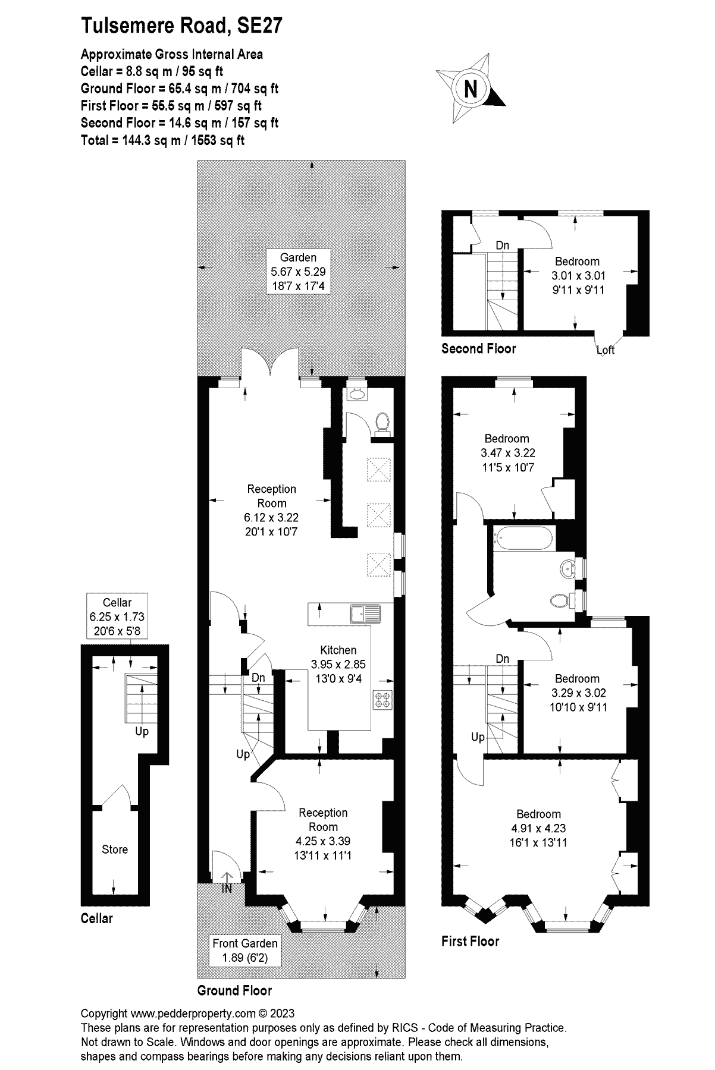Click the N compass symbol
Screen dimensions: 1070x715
pos(471,90)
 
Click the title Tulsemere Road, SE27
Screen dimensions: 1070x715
pos(181,26)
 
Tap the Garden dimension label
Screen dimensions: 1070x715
pos(298,272)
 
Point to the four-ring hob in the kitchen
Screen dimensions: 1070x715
pos(381,700)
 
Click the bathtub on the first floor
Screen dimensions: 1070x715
pos(522,539)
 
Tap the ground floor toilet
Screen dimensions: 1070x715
pos(382,422)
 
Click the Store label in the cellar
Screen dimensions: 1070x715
pos(114,849)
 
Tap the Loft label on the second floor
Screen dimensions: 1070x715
pos(606,350)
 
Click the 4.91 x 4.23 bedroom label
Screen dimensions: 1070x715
pos(538,828)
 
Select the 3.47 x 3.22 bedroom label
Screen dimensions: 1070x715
pos(507,452)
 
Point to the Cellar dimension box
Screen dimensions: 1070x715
pos(117,616)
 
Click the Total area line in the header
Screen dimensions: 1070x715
pos(162,140)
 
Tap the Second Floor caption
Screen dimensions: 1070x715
pos(478,349)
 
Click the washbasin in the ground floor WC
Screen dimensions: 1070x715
pos(357,393)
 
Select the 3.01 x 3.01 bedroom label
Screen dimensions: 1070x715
pos(576,275)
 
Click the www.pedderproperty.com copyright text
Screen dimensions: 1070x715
pos(187,1014)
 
